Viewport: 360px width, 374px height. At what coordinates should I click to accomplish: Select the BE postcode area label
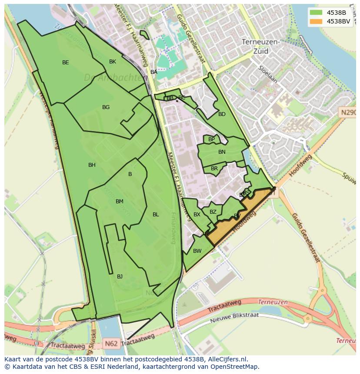click(x=65, y=63)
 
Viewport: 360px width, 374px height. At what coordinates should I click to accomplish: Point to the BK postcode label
click(x=113, y=62)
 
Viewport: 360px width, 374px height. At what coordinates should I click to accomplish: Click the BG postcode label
click(x=106, y=107)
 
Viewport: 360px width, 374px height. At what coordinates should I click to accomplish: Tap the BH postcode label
click(x=92, y=165)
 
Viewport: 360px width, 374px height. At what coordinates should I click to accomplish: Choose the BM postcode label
click(x=120, y=202)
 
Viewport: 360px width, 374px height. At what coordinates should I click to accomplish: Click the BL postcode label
click(x=156, y=215)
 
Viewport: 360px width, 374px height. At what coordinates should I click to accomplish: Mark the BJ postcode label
click(x=120, y=277)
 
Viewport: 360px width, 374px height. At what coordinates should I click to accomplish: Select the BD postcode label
click(x=222, y=114)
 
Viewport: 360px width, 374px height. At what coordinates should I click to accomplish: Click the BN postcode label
click(x=222, y=152)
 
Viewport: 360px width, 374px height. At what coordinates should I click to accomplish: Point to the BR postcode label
click(x=214, y=169)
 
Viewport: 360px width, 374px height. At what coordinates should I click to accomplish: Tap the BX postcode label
click(x=197, y=215)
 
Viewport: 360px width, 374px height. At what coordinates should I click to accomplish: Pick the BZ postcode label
click(x=213, y=212)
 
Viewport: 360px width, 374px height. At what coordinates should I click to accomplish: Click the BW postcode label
click(x=197, y=251)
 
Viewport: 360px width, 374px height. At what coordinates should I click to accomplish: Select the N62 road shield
click(x=111, y=344)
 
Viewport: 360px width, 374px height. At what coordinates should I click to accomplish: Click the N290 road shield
click(x=348, y=113)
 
